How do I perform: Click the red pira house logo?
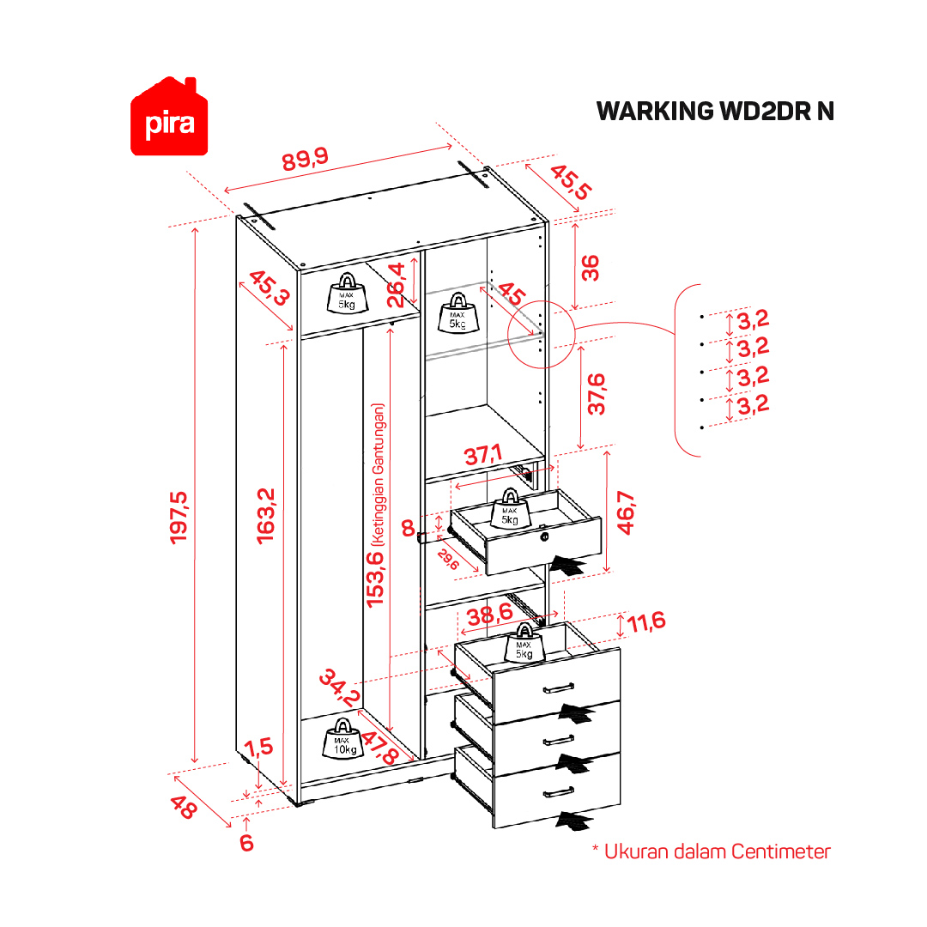[x=170, y=118]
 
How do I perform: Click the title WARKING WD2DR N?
[x=714, y=112]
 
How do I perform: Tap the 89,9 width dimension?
[x=306, y=159]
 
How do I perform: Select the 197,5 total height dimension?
[x=179, y=517]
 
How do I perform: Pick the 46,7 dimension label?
[x=626, y=512]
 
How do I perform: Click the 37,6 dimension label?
[x=596, y=394]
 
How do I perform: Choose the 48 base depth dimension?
[x=181, y=807]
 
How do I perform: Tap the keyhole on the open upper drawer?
[x=544, y=537]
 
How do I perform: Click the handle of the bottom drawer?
[x=558, y=791]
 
